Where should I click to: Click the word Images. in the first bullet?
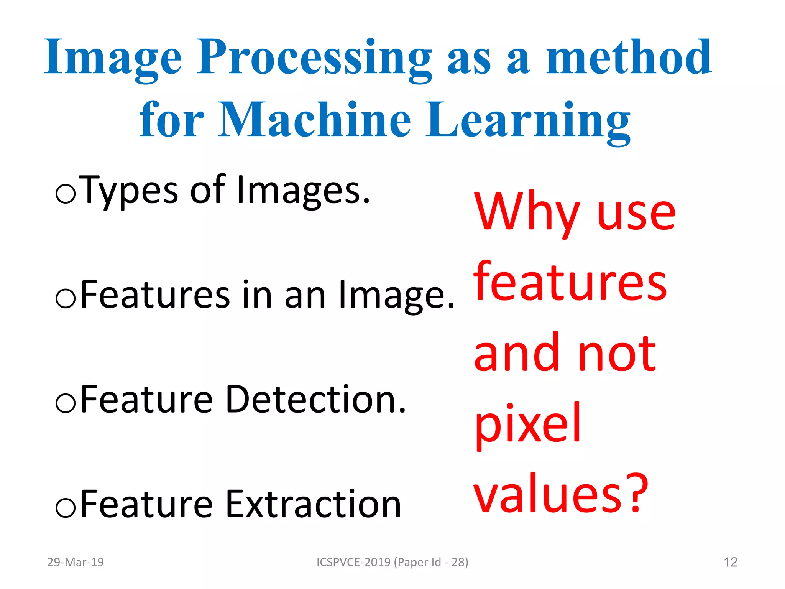click(303, 190)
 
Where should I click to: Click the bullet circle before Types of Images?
click(66, 194)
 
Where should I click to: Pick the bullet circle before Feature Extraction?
click(66, 508)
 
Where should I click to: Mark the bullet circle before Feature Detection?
click(66, 403)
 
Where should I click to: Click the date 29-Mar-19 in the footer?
click(76, 562)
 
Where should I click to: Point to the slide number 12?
click(731, 562)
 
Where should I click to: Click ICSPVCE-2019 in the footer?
click(353, 562)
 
